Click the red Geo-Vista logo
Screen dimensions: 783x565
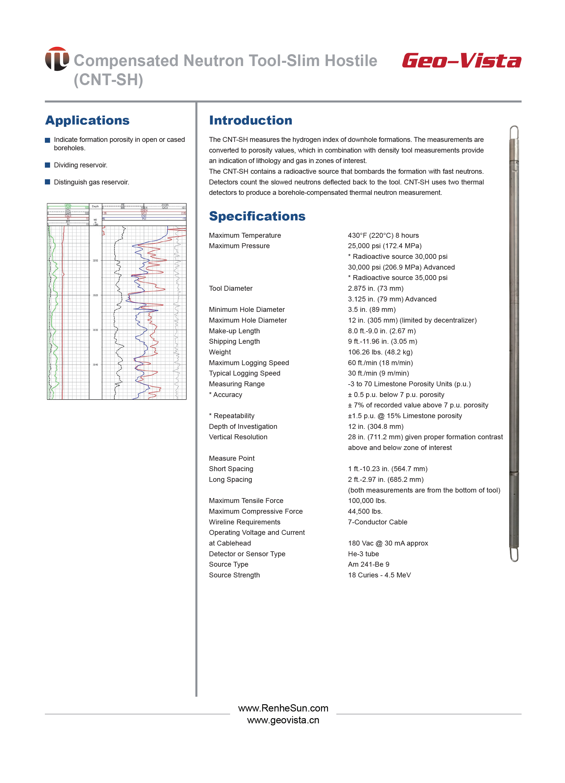(461, 61)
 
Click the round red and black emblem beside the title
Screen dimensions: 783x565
(57, 59)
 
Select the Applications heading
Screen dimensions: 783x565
(87, 120)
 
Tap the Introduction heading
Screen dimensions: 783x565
(251, 120)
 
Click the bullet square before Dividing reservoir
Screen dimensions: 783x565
(48, 165)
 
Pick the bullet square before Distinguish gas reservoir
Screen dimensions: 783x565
(48, 182)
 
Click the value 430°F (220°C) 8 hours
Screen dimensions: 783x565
(383, 235)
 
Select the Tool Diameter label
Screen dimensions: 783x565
(231, 288)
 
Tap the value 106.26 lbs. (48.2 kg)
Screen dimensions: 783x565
(380, 352)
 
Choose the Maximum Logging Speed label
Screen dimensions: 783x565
(249, 363)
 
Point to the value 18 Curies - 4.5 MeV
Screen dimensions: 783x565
(379, 575)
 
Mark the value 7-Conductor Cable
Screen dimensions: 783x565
(377, 522)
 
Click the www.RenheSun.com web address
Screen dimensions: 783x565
(283, 708)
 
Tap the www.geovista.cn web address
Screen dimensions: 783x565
(283, 720)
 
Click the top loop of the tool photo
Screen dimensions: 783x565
(514, 131)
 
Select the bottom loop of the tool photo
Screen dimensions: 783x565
(514, 554)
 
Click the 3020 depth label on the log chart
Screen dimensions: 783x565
(95, 295)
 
